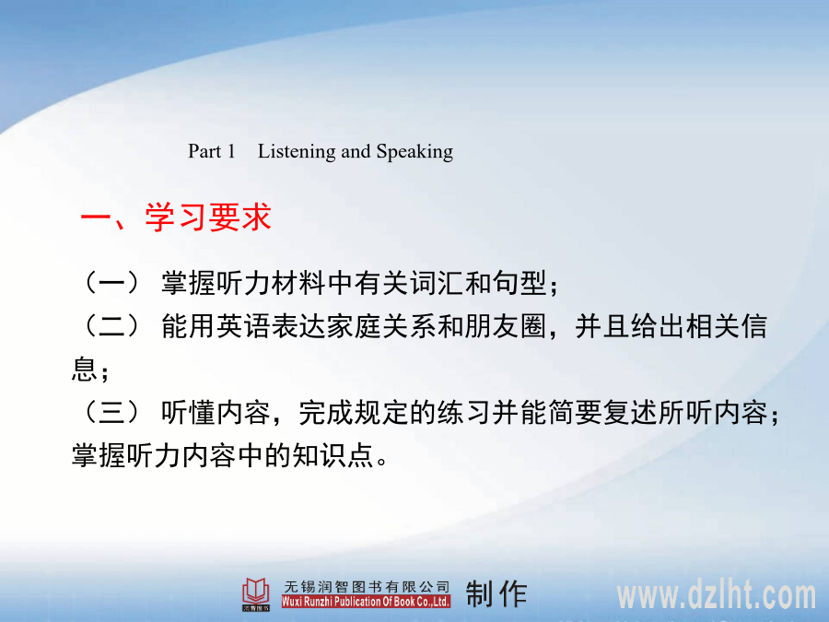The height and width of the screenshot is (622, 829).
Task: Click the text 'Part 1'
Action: pyautogui.click(x=212, y=151)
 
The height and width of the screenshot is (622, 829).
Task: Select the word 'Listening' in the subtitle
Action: pyautogui.click(x=296, y=152)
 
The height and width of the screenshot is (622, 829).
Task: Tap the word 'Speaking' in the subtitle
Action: pyautogui.click(x=414, y=152)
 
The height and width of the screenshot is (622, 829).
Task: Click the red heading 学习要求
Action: pyautogui.click(x=208, y=217)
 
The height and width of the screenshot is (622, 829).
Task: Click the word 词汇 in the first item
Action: pyautogui.click(x=438, y=283)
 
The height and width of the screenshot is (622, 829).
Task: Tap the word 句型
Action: pyautogui.click(x=520, y=283)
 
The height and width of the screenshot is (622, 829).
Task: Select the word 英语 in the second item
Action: pyautogui.click(x=244, y=326)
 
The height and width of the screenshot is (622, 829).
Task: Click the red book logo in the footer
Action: pyautogui.click(x=256, y=593)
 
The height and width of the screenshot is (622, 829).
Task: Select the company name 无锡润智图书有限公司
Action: pyautogui.click(x=367, y=587)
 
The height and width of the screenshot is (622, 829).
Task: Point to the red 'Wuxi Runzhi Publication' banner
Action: pyautogui.click(x=366, y=602)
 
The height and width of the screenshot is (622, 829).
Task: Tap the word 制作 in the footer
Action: pyautogui.click(x=496, y=593)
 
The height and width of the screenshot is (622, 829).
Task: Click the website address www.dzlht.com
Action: pyautogui.click(x=717, y=594)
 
